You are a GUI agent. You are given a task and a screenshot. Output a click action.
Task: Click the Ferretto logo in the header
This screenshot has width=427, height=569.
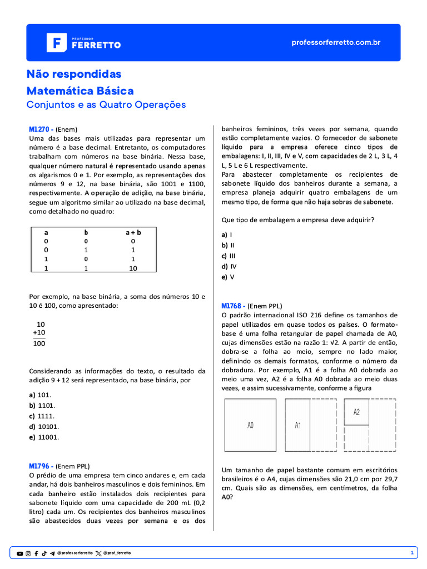point(83,43)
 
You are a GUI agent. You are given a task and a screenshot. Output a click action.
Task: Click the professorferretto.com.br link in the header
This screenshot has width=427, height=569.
point(336,43)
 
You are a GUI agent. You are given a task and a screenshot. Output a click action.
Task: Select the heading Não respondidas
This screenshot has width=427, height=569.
point(74,74)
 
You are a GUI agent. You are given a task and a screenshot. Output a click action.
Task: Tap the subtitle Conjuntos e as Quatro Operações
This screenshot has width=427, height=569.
point(106,104)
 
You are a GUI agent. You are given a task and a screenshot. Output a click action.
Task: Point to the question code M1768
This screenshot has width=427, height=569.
point(232,306)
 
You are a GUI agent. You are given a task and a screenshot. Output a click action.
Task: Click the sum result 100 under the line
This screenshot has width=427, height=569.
point(39,343)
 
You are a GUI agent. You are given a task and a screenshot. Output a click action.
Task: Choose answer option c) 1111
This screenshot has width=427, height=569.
point(42,416)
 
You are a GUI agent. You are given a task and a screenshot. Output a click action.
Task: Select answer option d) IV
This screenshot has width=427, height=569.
point(229,266)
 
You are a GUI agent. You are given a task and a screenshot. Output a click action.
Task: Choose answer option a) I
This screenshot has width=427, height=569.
point(227,234)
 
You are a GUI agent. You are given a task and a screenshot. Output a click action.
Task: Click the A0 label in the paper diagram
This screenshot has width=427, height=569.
point(250,425)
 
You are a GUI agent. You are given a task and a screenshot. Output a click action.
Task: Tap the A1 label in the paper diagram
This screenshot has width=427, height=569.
point(297,425)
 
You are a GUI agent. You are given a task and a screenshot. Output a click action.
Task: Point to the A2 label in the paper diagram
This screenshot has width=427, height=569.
point(356,412)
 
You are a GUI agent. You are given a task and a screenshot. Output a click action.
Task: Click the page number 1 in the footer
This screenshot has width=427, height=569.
point(411,553)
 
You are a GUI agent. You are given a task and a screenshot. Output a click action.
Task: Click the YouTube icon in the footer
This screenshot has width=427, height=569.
point(20,553)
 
